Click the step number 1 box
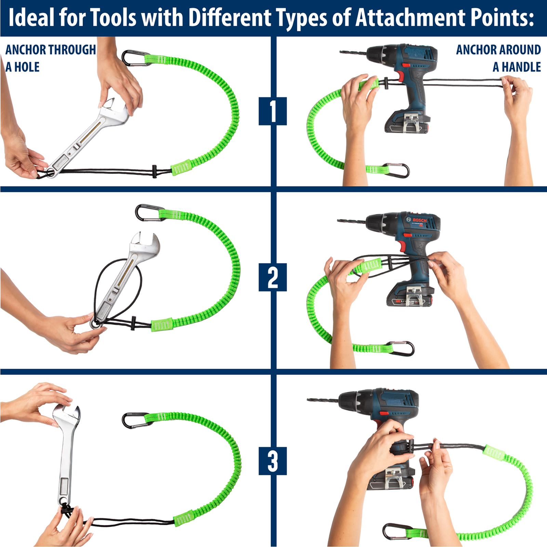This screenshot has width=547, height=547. click(272, 111)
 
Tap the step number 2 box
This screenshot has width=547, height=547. click(272, 277)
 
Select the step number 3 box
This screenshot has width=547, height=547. click(272, 461)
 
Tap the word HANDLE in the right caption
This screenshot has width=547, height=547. click(521, 67)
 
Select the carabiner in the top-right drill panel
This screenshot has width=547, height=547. click(398, 170)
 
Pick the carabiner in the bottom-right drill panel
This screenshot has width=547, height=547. click(395, 531)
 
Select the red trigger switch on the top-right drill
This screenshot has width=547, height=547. click(406, 65)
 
